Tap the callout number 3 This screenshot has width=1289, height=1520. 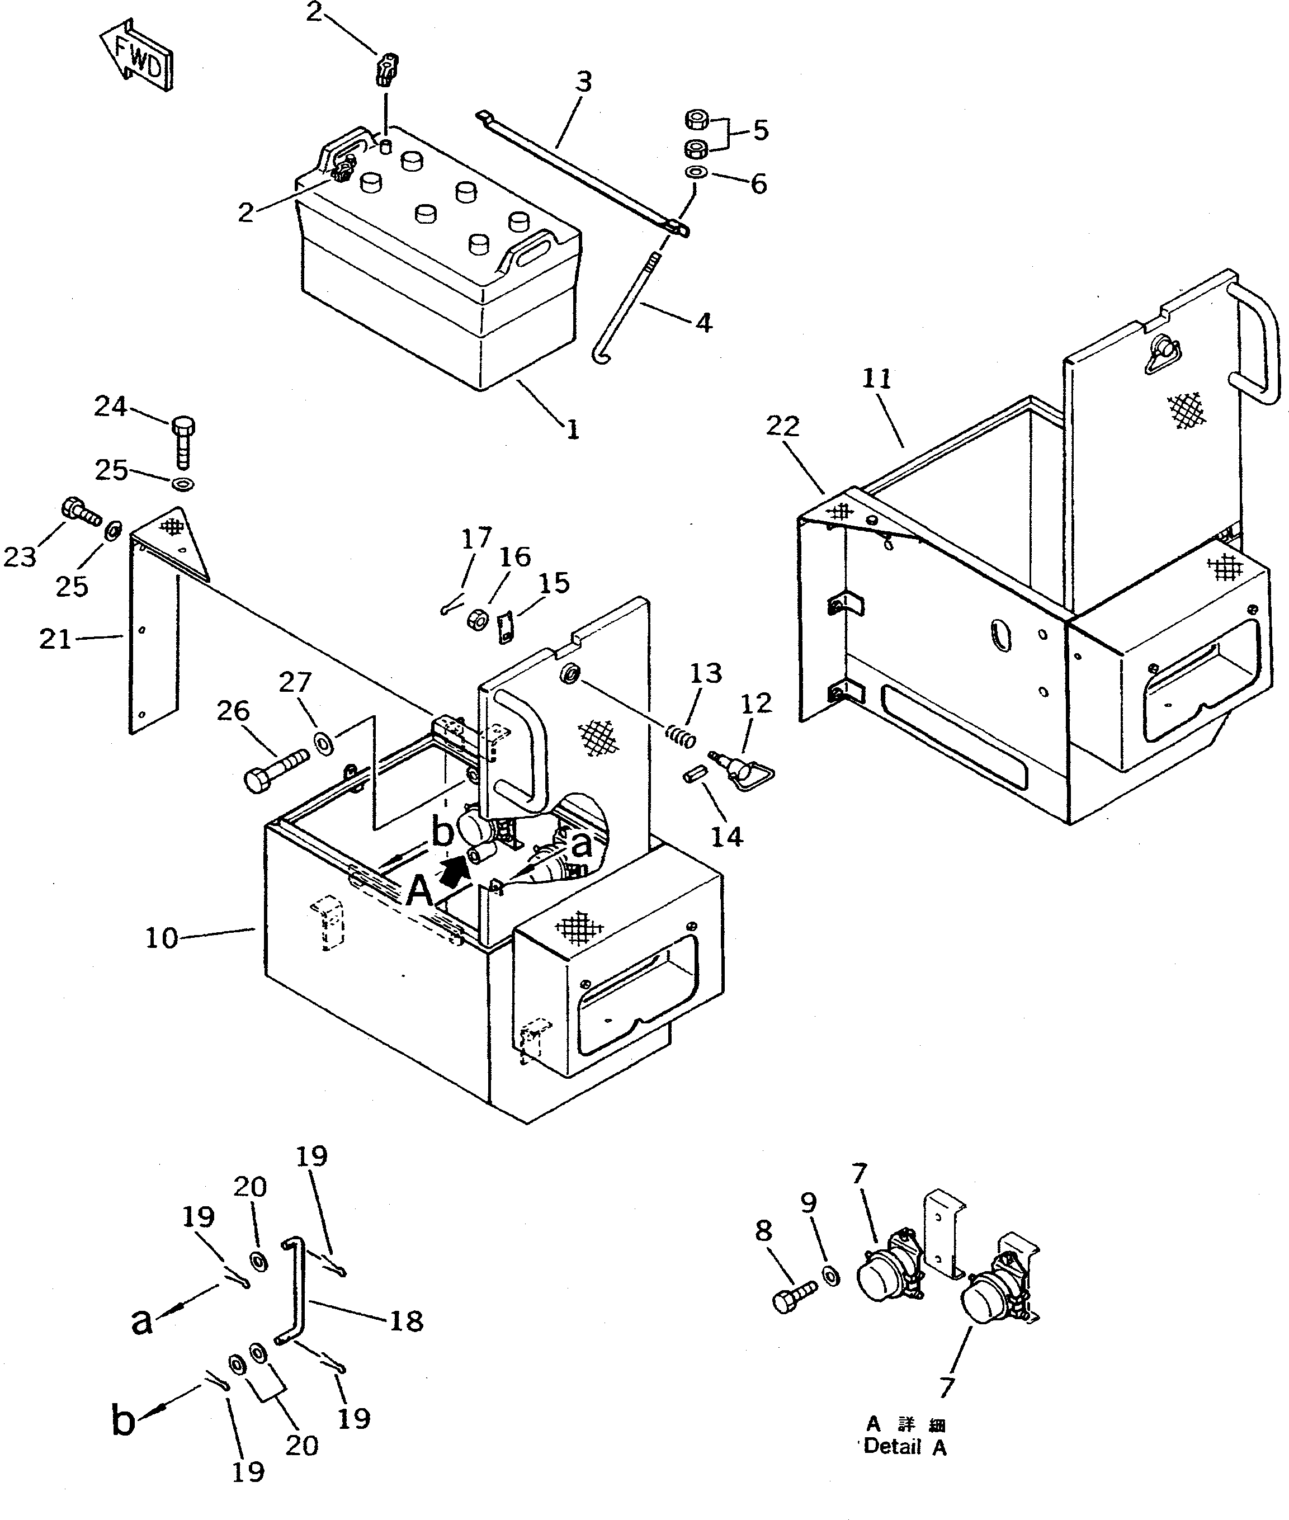[583, 82]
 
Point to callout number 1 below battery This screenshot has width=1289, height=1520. [573, 429]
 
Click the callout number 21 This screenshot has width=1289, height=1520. [55, 639]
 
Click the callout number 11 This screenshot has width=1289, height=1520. [877, 379]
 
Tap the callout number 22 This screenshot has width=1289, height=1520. [782, 426]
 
